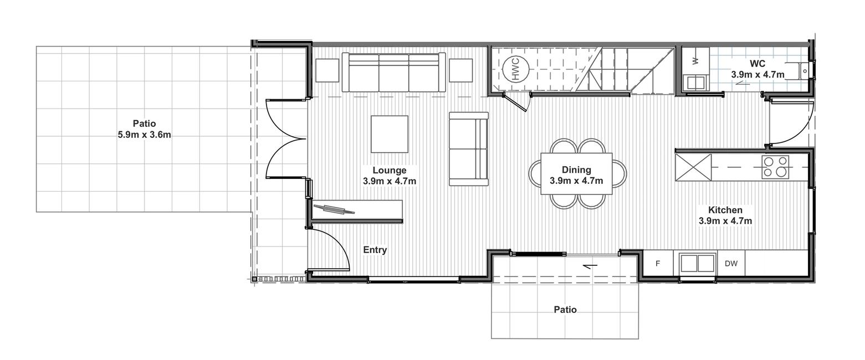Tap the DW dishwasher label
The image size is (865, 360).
(730, 264)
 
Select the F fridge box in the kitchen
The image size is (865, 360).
(658, 264)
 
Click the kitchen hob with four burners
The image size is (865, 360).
(775, 167)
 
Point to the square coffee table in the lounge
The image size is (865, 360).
(389, 134)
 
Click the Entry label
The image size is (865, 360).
(375, 250)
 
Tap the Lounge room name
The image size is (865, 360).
(389, 170)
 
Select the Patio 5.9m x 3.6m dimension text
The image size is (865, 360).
(145, 135)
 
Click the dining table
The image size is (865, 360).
(576, 174)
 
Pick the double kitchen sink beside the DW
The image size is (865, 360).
(697, 264)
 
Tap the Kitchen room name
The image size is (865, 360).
(725, 210)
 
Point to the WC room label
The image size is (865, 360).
(757, 64)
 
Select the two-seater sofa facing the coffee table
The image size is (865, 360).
(469, 149)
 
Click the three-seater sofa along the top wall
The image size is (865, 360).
(393, 73)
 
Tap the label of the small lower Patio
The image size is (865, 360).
(565, 310)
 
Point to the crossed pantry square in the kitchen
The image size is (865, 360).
(693, 167)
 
